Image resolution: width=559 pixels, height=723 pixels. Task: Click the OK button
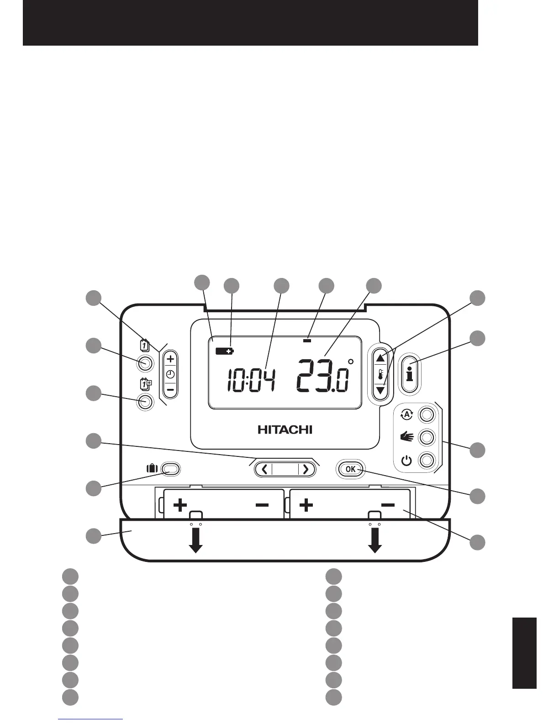[351, 469]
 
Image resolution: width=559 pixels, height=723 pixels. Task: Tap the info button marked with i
[410, 373]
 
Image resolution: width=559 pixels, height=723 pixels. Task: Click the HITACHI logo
[285, 430]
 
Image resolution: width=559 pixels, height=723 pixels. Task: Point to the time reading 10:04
[251, 380]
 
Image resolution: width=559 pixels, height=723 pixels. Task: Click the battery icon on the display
[224, 351]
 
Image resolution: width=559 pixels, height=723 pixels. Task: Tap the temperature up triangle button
[380, 357]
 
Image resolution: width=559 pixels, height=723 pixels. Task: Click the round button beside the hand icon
[427, 437]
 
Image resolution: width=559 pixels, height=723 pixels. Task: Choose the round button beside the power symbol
[427, 460]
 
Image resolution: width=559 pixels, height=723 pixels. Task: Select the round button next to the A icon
[427, 414]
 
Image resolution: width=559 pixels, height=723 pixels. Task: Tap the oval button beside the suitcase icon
[171, 469]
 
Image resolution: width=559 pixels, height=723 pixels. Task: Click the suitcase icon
[152, 468]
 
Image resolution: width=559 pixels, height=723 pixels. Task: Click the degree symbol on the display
[351, 362]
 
